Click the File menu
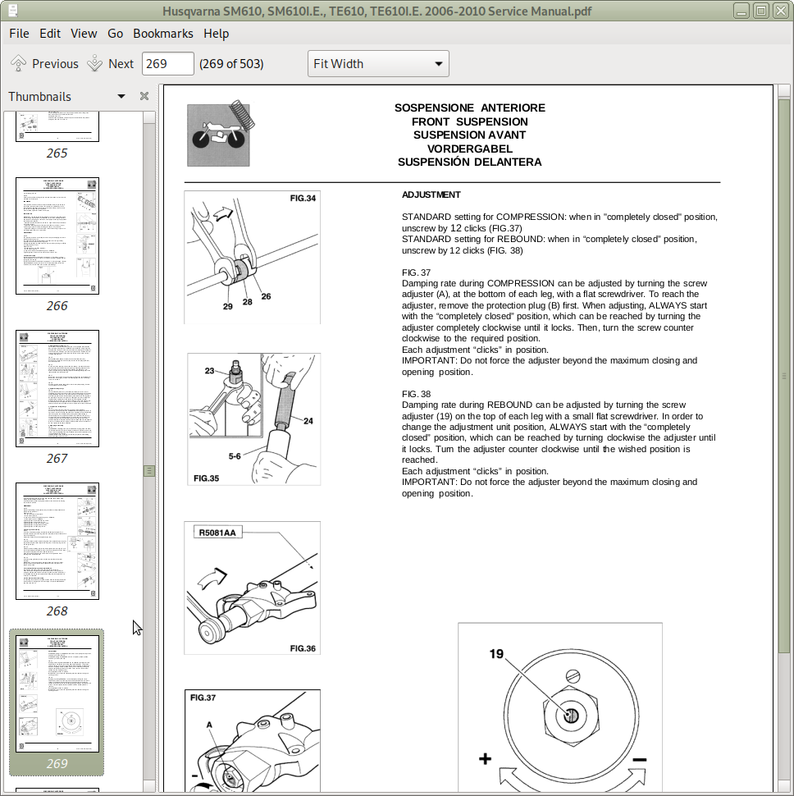pyautogui.click(x=19, y=34)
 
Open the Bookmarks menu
pyautogui.click(x=162, y=34)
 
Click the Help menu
pyautogui.click(x=217, y=34)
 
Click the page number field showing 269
pyautogui.click(x=167, y=64)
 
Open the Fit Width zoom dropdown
pyautogui.click(x=378, y=64)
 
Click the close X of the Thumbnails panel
pyautogui.click(x=144, y=96)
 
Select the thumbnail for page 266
pyautogui.click(x=57, y=236)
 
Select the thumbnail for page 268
pyautogui.click(x=57, y=541)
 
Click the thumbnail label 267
pyautogui.click(x=57, y=458)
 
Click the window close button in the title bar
pyautogui.click(x=780, y=11)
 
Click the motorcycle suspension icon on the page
pyautogui.click(x=218, y=135)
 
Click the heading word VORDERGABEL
pyautogui.click(x=469, y=149)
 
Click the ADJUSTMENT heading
pyautogui.click(x=431, y=194)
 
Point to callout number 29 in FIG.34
pyautogui.click(x=228, y=306)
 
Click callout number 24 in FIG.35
pyautogui.click(x=308, y=421)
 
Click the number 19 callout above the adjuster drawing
pyautogui.click(x=496, y=654)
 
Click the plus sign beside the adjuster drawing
pyautogui.click(x=485, y=759)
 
